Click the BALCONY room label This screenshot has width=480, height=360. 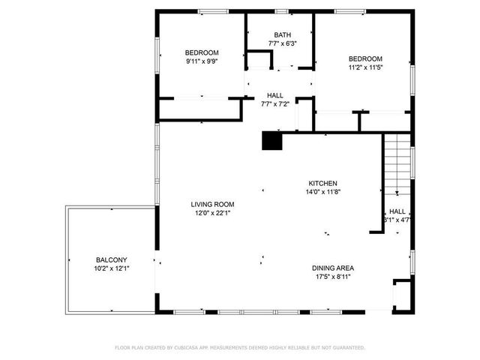110,259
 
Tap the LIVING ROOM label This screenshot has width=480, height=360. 212,204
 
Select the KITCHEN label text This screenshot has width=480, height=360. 323,183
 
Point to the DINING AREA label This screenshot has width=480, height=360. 333,268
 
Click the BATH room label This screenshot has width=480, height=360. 282,35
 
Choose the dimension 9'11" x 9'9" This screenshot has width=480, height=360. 202,62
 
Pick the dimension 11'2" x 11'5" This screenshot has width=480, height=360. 365,68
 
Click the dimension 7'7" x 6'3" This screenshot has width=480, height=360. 282,44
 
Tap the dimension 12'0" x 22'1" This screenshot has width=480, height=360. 212,213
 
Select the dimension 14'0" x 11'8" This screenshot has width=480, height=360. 323,192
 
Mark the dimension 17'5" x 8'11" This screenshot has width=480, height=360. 333,277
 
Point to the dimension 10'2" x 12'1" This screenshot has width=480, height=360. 110,268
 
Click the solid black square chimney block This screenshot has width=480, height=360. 271,140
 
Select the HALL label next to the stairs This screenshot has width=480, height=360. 397,211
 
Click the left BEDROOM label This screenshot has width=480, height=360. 202,52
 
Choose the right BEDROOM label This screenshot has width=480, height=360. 365,58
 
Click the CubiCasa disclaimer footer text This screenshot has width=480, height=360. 240,347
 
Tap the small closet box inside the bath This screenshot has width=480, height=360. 260,60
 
